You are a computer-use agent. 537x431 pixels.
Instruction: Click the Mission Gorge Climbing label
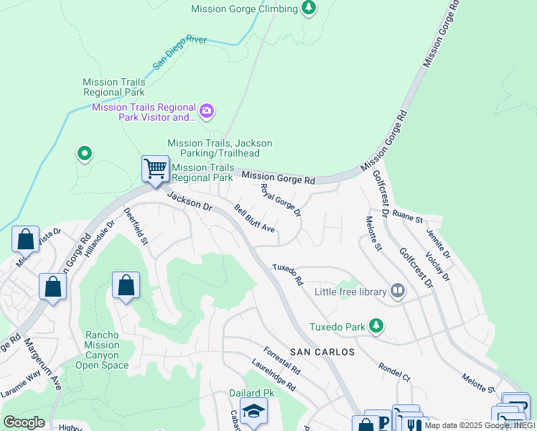[x=244, y=9]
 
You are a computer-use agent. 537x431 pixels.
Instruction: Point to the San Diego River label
[x=179, y=52]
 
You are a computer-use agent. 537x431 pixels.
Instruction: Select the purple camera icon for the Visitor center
[x=207, y=111]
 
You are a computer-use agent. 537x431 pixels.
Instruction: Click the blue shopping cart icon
[x=155, y=170]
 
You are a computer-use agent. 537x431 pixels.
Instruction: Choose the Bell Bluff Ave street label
[x=255, y=218]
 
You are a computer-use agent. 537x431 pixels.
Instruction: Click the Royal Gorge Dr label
[x=281, y=200]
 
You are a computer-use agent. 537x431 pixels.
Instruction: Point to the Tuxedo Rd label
[x=287, y=276]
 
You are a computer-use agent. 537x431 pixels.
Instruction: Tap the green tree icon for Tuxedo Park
[x=375, y=327]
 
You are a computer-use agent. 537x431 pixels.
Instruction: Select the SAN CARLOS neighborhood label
[x=322, y=352]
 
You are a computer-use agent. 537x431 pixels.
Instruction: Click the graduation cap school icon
[x=253, y=412]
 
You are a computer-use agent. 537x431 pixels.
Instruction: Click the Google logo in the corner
[x=24, y=422]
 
